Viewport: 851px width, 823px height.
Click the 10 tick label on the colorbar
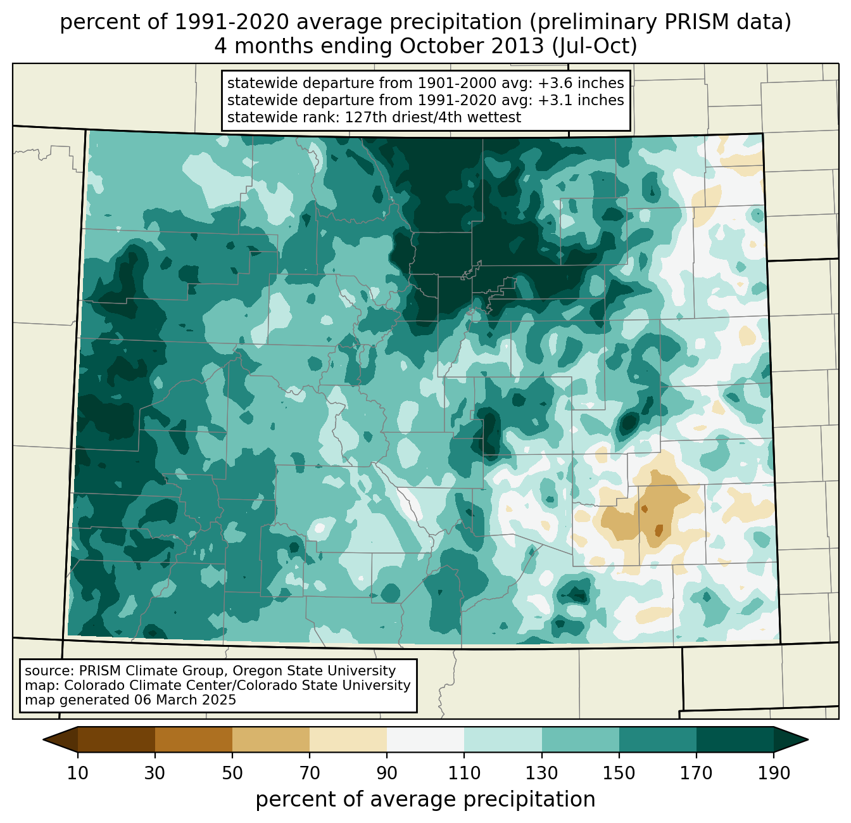click(77, 774)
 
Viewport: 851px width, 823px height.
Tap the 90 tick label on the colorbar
click(387, 774)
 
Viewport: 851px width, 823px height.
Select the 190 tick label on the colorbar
click(773, 774)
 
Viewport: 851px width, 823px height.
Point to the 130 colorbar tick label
click(542, 774)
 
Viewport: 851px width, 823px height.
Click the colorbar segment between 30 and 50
click(194, 739)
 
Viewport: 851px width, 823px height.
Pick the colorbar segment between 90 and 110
click(425, 739)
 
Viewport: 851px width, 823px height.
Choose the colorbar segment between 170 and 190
click(734, 739)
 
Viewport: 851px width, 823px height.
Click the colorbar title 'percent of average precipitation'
click(425, 800)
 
